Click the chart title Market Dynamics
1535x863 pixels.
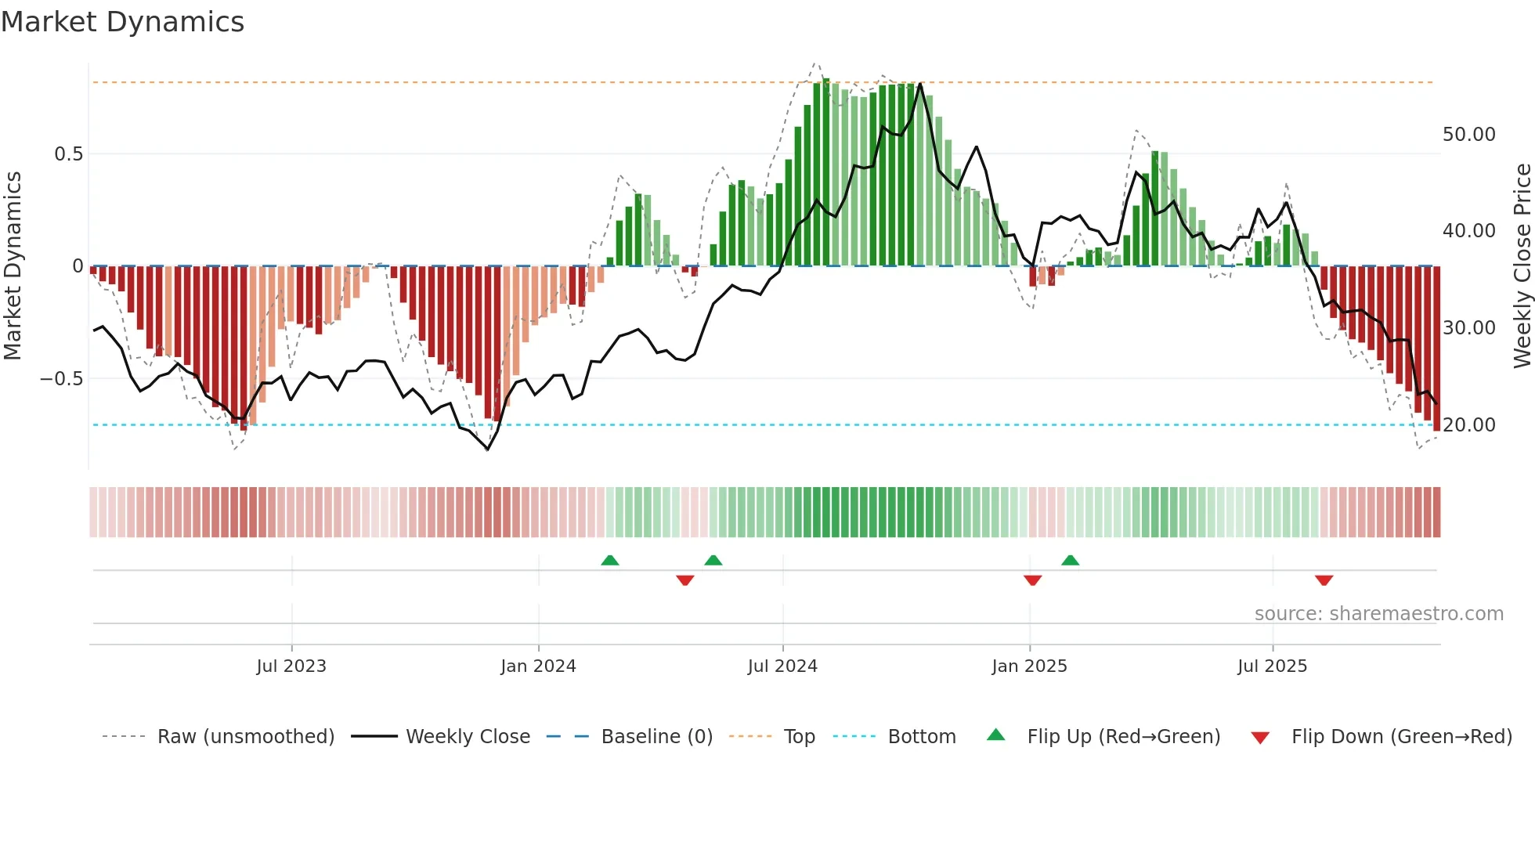122,22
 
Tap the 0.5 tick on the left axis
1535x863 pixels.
68,154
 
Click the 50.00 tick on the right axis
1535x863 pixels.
1468,135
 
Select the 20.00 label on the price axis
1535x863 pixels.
1468,425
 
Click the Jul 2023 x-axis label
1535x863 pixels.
291,666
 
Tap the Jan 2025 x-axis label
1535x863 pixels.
1029,666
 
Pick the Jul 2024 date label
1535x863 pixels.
782,666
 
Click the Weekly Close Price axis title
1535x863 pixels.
1522,266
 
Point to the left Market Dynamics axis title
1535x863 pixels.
13,266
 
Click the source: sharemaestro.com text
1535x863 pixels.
1378,614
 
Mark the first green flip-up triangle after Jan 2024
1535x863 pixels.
610,560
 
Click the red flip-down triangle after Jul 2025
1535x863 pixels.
1324,580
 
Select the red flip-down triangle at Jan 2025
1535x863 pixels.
1032,580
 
